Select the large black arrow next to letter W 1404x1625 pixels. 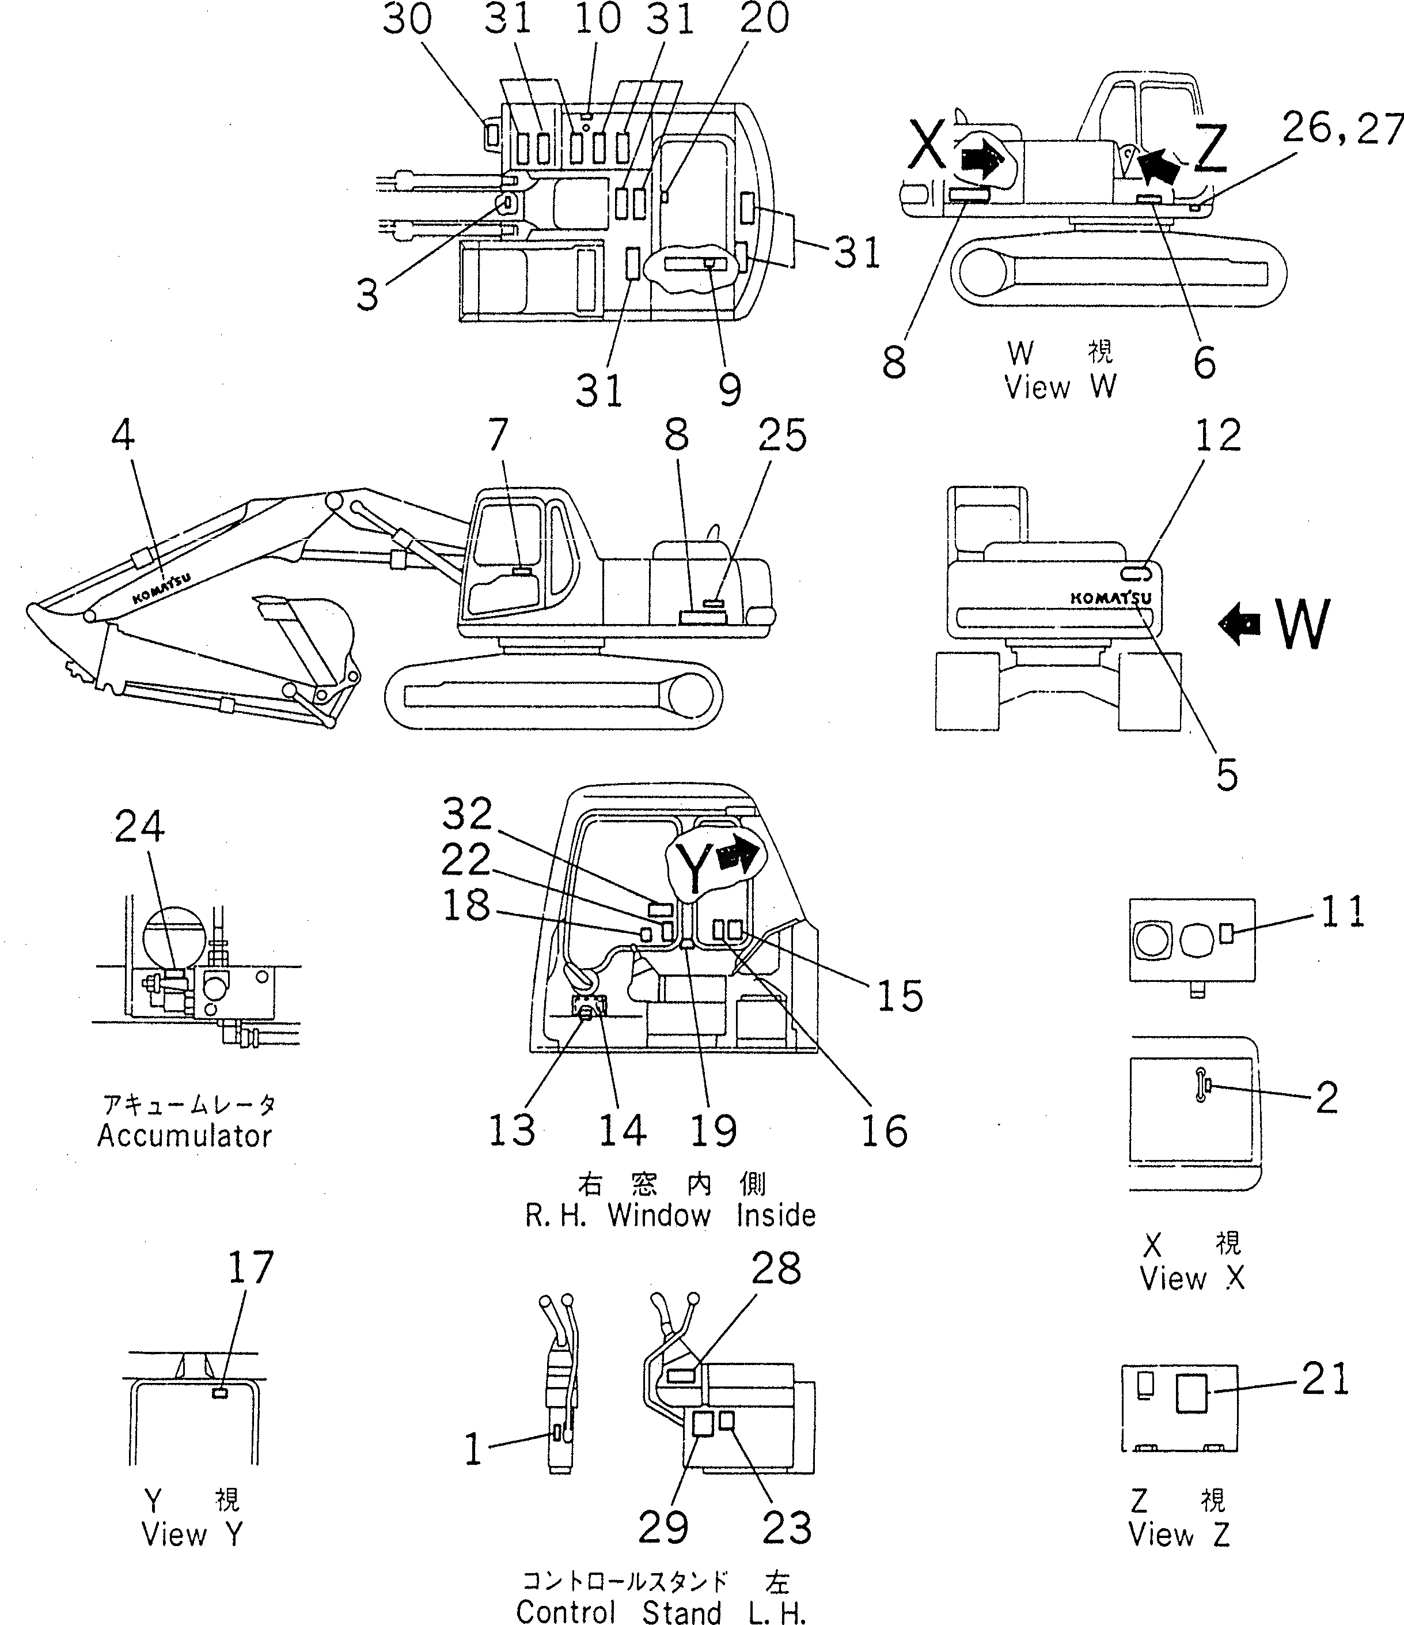pos(1239,623)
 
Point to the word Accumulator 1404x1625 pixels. pos(184,1136)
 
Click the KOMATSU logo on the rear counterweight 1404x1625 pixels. pos(1111,598)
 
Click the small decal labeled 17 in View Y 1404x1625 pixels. pos(221,1393)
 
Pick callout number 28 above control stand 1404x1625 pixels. pos(776,1268)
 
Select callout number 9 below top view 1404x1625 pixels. pos(729,390)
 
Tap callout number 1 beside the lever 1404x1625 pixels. pos(473,1449)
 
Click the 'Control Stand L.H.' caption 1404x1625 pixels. pos(661,1609)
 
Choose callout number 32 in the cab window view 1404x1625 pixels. pos(467,814)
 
